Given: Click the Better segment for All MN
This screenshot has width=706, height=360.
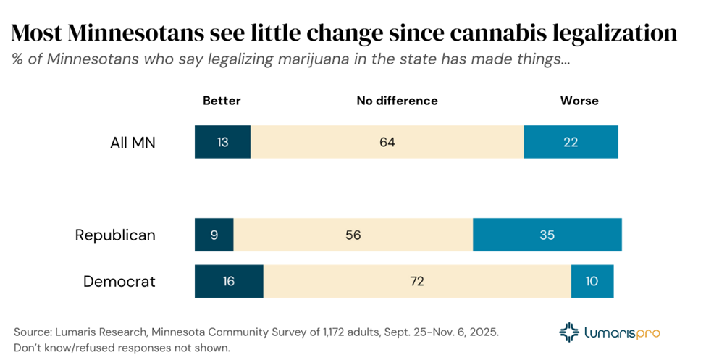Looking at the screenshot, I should (222, 142).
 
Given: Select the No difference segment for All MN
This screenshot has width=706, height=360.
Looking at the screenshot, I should (387, 142).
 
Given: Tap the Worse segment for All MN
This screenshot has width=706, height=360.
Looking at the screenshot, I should (571, 142).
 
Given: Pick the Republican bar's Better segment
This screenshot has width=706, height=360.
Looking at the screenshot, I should (214, 235).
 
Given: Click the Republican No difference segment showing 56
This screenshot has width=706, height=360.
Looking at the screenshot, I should (353, 235).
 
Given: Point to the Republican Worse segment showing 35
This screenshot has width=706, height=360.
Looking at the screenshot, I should (547, 235).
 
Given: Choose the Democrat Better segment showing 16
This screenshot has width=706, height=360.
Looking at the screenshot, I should (229, 281).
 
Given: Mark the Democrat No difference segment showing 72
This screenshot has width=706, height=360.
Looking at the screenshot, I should (416, 281).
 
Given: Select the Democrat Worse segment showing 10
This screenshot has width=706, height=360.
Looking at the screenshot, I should (592, 281).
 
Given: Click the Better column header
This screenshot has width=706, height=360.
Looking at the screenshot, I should (222, 101).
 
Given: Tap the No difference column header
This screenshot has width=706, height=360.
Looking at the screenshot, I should (397, 101).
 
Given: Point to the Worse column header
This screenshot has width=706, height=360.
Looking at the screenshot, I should (579, 101).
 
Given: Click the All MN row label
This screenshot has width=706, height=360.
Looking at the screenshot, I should (133, 143).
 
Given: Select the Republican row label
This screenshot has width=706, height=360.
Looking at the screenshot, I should (115, 235).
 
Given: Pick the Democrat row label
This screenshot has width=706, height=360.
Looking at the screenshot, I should (119, 282).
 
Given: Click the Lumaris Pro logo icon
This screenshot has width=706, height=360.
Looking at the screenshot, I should (570, 332).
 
